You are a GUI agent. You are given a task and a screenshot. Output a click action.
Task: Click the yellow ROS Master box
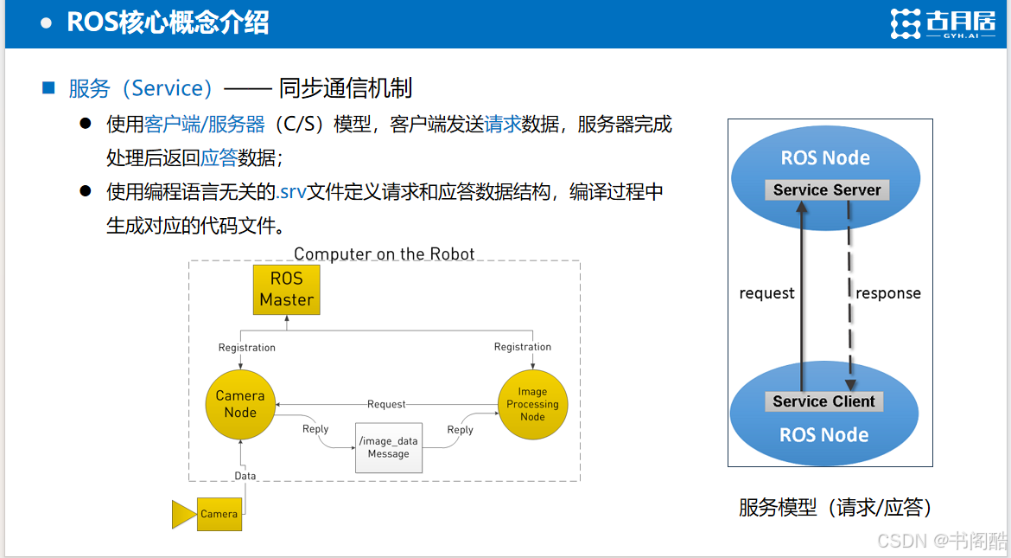pyautogui.click(x=286, y=290)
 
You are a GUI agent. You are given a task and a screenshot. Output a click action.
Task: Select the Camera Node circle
pyautogui.click(x=240, y=405)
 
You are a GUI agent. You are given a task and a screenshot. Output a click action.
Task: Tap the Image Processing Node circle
pyautogui.click(x=532, y=405)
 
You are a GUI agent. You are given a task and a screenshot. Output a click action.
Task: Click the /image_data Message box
pyautogui.click(x=389, y=447)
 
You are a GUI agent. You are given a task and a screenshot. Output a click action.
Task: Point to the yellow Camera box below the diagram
pyautogui.click(x=219, y=514)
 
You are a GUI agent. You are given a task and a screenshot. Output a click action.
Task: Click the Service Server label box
pyautogui.click(x=827, y=189)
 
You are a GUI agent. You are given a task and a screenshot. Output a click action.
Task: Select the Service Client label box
pyautogui.click(x=824, y=401)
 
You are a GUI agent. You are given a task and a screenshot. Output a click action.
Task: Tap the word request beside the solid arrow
pyautogui.click(x=766, y=293)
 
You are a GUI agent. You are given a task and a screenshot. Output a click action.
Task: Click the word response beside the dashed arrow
pyautogui.click(x=887, y=293)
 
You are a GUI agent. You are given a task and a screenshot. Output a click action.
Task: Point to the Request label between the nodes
pyautogui.click(x=386, y=404)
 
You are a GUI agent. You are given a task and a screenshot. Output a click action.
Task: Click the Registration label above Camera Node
pyautogui.click(x=247, y=348)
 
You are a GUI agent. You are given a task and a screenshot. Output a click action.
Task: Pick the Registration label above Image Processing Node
pyautogui.click(x=523, y=347)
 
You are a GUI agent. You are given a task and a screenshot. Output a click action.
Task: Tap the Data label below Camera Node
pyautogui.click(x=245, y=476)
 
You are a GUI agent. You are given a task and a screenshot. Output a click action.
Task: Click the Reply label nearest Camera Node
pyautogui.click(x=315, y=429)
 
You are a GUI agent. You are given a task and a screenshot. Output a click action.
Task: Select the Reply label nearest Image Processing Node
pyautogui.click(x=461, y=429)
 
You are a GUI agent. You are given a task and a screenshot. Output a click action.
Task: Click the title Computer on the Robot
pyautogui.click(x=385, y=253)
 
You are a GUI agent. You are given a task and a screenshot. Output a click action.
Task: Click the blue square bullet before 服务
pyautogui.click(x=48, y=87)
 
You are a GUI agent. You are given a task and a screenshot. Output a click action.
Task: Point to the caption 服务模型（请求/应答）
pyautogui.click(x=835, y=508)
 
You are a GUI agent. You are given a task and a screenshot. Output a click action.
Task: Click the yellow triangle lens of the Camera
pyautogui.click(x=184, y=515)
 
